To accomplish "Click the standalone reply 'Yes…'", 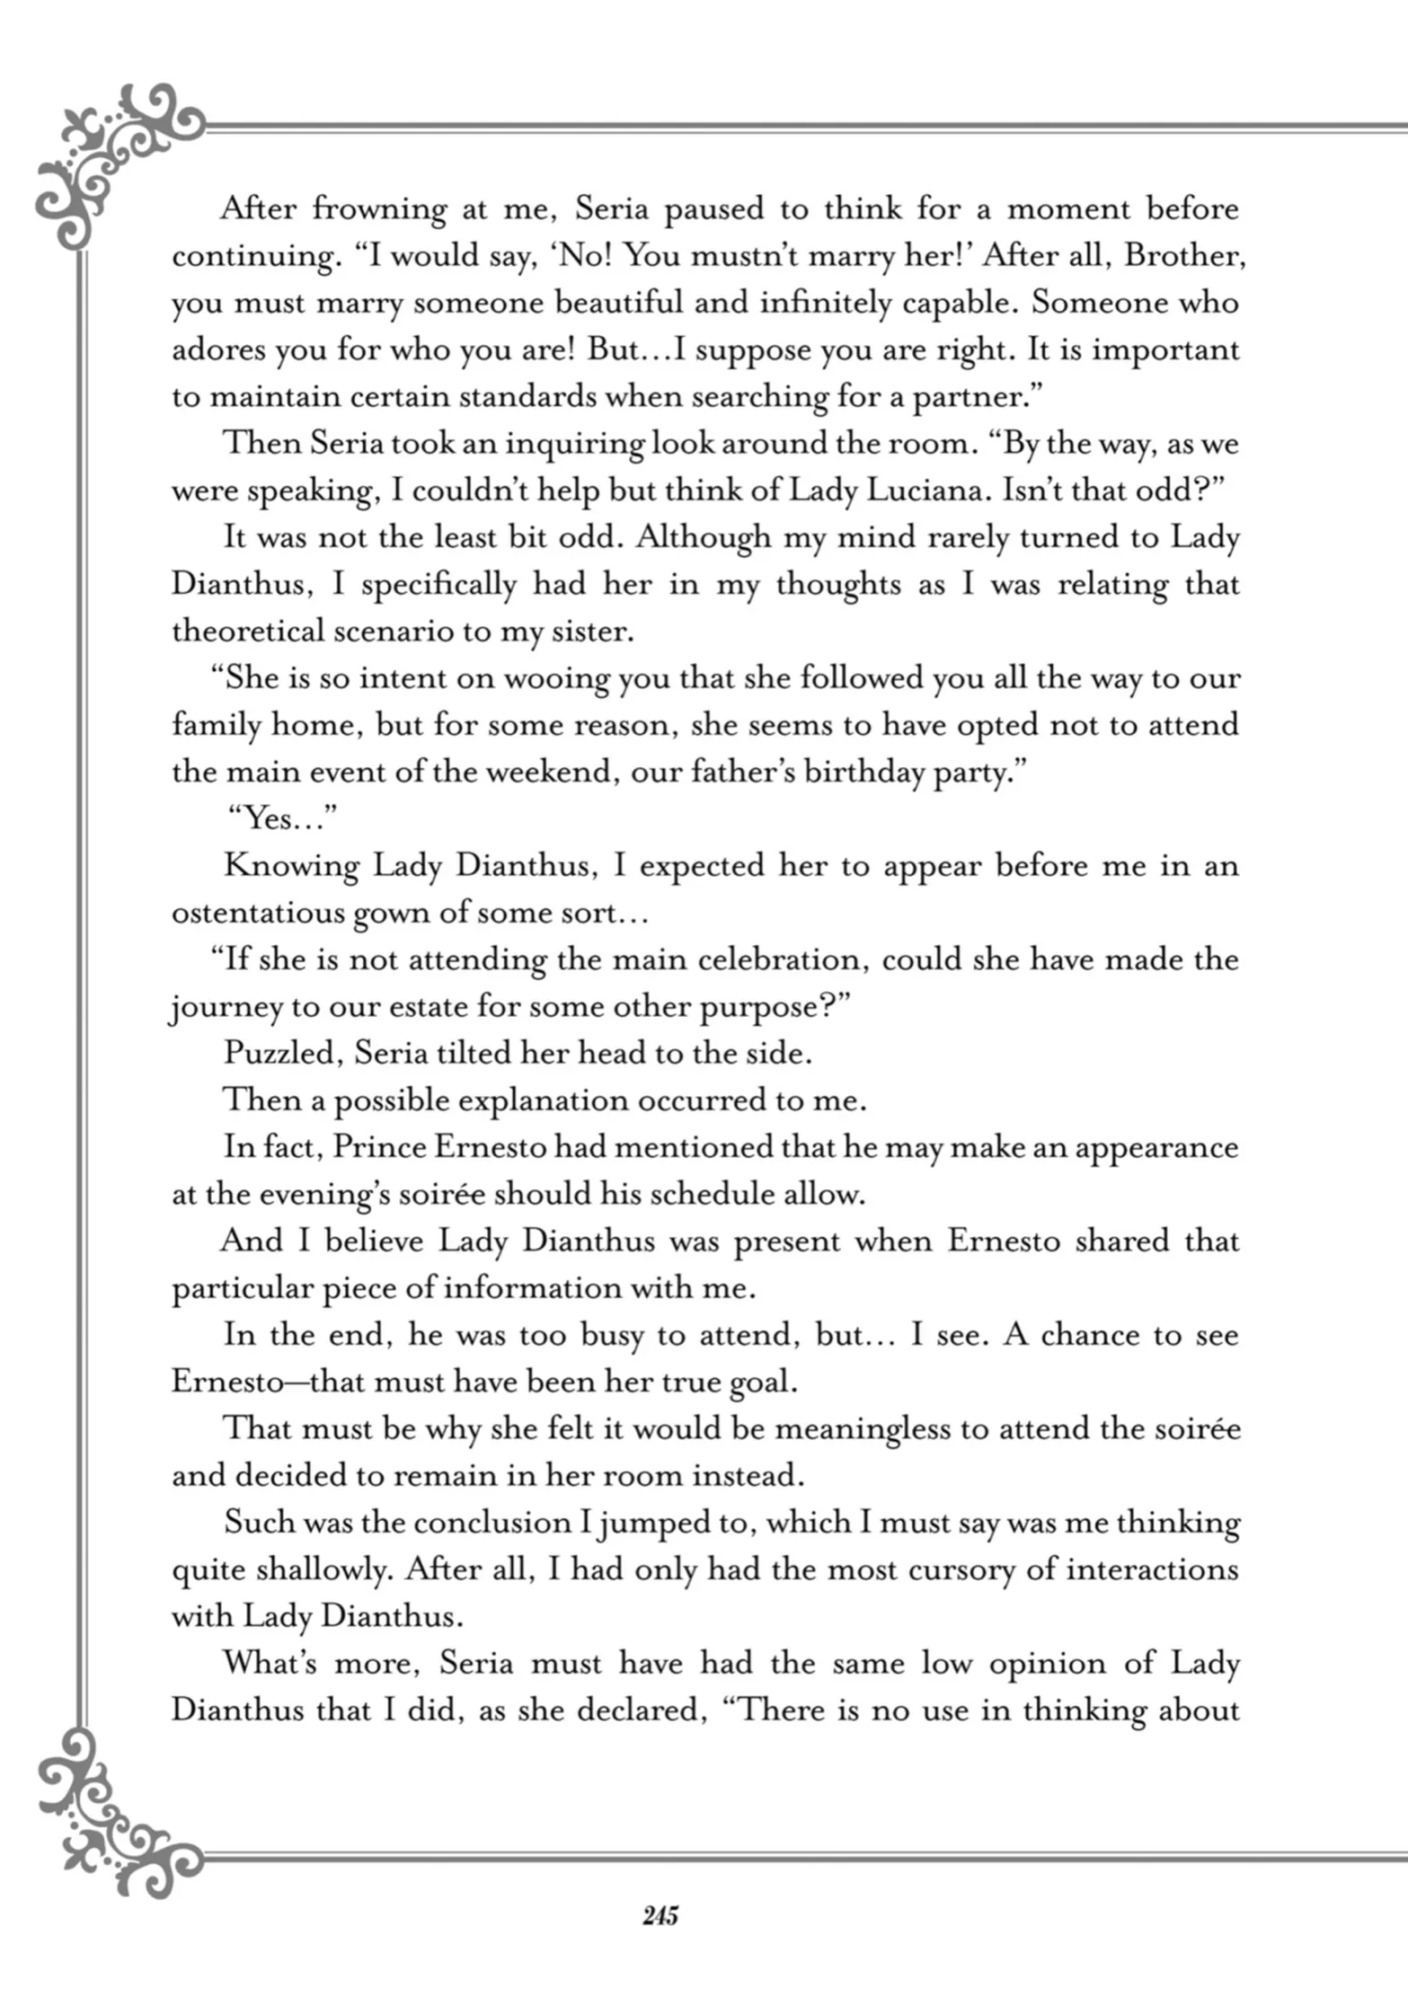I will [x=280, y=818].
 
